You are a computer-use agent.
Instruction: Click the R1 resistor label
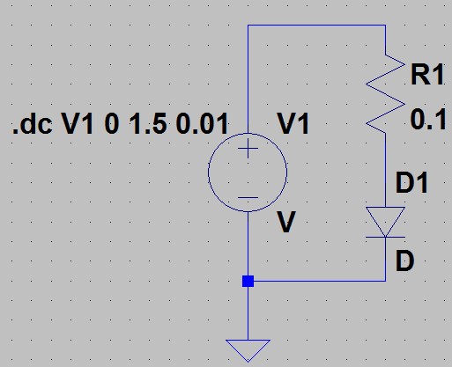click(x=427, y=75)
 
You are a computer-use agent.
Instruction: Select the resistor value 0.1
click(x=428, y=119)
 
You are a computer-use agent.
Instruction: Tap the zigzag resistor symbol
click(x=385, y=94)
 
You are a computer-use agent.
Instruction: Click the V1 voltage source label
click(x=293, y=124)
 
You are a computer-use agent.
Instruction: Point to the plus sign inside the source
click(x=248, y=149)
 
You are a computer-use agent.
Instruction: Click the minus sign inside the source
click(x=248, y=198)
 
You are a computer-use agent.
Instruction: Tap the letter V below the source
click(x=286, y=222)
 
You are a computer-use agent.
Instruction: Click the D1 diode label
click(x=411, y=183)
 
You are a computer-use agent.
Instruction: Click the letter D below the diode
click(x=404, y=261)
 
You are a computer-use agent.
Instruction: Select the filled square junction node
click(x=248, y=281)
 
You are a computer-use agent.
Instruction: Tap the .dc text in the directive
click(x=33, y=124)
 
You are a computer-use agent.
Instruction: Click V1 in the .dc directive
click(x=78, y=124)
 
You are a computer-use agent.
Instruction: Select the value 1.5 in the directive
click(x=148, y=124)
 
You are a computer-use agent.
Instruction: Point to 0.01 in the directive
click(x=203, y=124)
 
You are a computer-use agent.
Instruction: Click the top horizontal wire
click(x=316, y=26)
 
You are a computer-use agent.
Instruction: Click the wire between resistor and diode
click(x=385, y=170)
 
